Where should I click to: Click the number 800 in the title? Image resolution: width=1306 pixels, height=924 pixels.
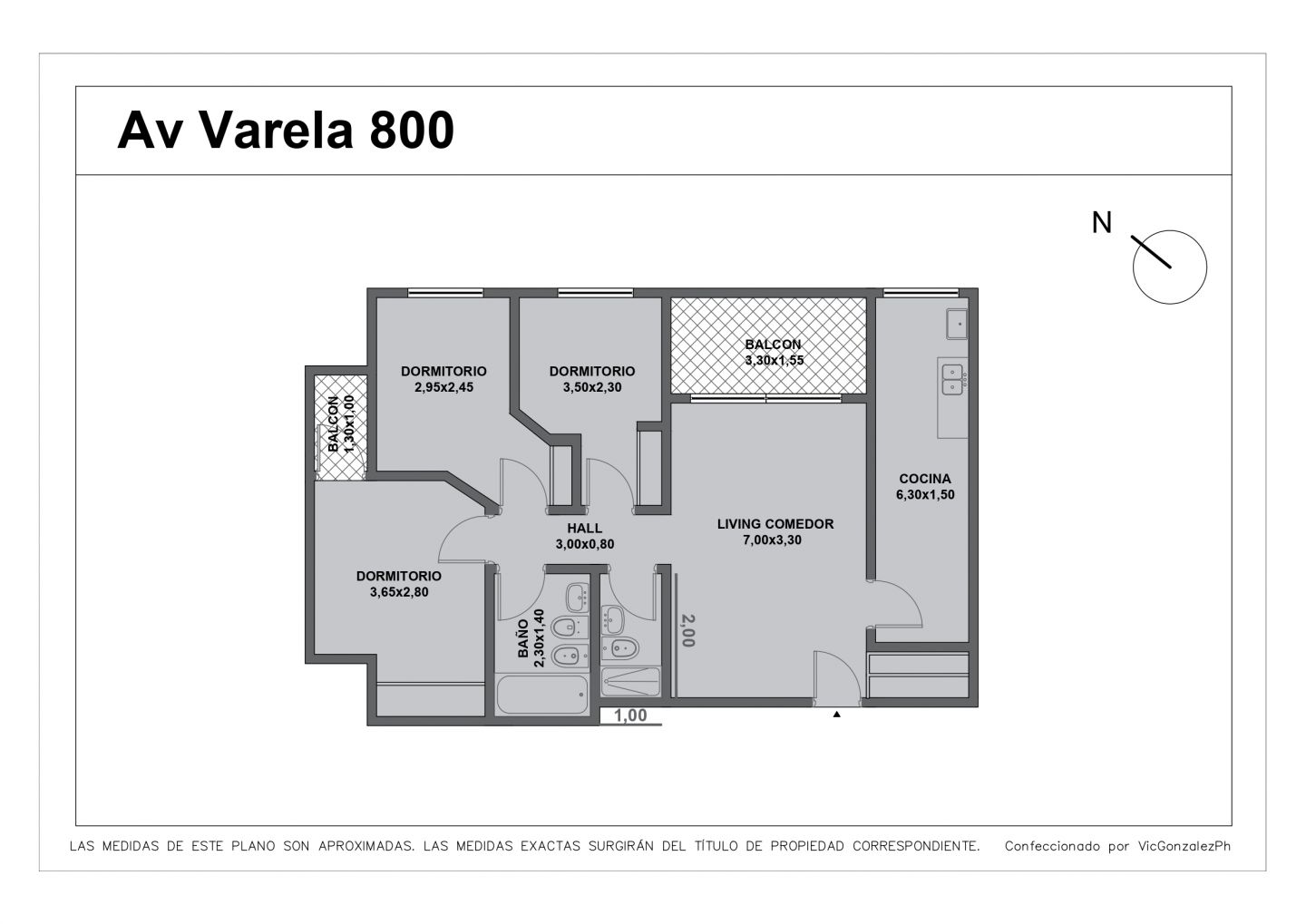[411, 130]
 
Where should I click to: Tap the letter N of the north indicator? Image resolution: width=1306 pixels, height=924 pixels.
[1102, 222]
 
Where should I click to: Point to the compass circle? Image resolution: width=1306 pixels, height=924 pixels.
[1170, 267]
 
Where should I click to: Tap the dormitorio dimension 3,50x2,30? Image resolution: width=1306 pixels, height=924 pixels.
[591, 387]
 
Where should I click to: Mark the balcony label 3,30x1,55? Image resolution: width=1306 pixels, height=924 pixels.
[773, 360]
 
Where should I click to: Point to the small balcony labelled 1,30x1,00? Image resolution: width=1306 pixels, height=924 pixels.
[341, 423]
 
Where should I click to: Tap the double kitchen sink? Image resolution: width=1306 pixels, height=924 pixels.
[952, 379]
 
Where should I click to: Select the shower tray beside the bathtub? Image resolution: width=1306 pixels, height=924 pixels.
[631, 681]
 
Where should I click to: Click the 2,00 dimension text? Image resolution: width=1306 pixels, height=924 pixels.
[687, 630]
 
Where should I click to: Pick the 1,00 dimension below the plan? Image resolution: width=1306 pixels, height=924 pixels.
[630, 715]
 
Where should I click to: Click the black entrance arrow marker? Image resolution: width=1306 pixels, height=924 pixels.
[836, 715]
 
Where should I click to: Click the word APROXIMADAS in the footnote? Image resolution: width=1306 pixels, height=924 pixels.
[366, 846]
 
